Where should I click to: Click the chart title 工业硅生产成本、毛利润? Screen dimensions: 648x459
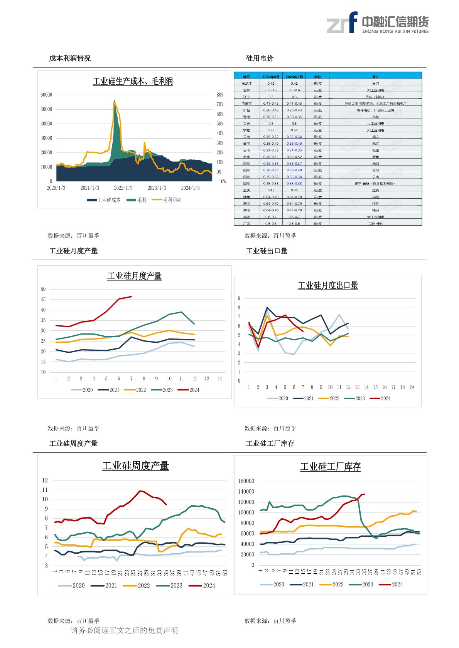[133, 81]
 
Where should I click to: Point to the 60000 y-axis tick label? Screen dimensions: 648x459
[46, 95]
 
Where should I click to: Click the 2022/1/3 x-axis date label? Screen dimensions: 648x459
[123, 188]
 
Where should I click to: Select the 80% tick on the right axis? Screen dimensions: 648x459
[220, 95]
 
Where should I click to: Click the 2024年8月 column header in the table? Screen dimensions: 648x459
[271, 77]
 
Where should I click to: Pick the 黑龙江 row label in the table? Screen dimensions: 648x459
[246, 84]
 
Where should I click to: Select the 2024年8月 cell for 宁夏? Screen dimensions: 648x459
[271, 130]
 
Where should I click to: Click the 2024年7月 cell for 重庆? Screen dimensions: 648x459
[294, 190]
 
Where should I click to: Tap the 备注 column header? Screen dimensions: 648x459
[375, 77]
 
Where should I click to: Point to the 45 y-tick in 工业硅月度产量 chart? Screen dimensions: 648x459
[43, 299]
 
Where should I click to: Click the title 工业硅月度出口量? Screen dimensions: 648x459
[328, 286]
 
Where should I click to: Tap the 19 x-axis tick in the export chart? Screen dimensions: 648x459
[411, 387]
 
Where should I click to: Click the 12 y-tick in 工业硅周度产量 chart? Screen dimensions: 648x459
[45, 480]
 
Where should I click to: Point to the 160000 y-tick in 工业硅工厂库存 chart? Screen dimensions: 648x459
[246, 481]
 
